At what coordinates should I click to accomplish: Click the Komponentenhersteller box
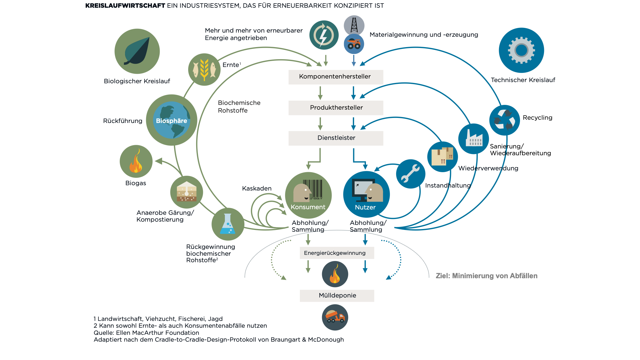(336, 77)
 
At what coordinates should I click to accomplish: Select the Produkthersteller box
(336, 108)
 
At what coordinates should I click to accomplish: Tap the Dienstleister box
(336, 138)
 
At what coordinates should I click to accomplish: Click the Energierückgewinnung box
(337, 253)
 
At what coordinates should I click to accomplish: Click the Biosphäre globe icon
(172, 120)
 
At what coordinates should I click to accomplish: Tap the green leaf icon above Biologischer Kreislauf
(137, 51)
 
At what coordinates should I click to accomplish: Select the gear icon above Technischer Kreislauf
(521, 50)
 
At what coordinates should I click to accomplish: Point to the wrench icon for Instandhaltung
(410, 174)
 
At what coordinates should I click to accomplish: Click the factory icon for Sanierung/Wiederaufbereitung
(473, 139)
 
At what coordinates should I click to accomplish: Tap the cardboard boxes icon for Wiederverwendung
(442, 156)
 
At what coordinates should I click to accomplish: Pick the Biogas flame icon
(136, 161)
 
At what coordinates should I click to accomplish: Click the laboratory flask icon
(228, 224)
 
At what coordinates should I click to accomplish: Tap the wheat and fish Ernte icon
(204, 70)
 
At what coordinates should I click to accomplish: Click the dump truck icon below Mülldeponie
(335, 317)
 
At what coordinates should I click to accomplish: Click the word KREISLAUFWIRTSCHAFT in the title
(125, 6)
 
